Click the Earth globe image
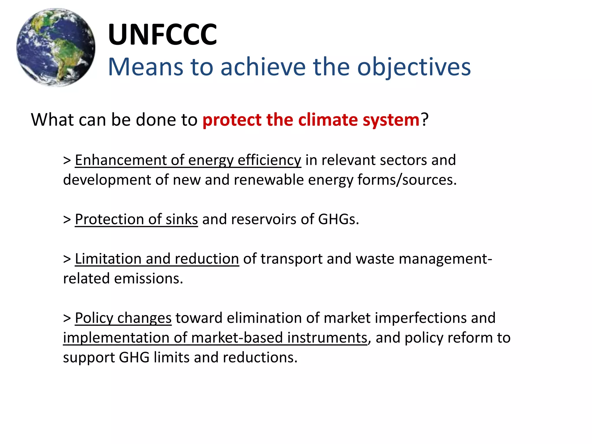point(56,47)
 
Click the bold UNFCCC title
point(162,35)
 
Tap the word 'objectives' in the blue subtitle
point(414,67)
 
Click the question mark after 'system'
point(424,119)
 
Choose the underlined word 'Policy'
point(94,318)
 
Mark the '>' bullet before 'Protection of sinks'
point(67,219)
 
